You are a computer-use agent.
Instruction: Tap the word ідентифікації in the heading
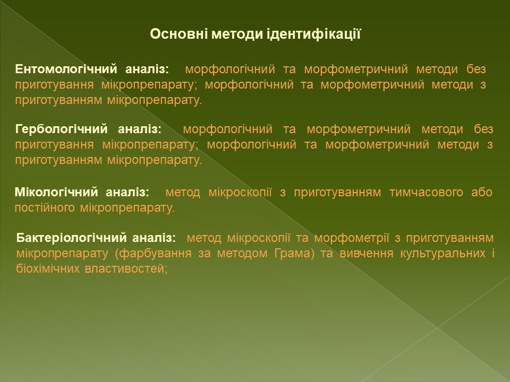(x=314, y=34)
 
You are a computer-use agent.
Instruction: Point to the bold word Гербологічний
(x=61, y=129)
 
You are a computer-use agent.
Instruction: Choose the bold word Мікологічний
(x=56, y=192)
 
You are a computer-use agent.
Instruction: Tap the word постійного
(x=45, y=208)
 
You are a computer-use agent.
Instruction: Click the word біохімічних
(x=48, y=268)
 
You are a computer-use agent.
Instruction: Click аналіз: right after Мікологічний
(x=127, y=192)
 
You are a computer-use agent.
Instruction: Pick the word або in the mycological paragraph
(x=481, y=192)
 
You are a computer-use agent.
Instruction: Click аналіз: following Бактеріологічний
(x=154, y=238)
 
